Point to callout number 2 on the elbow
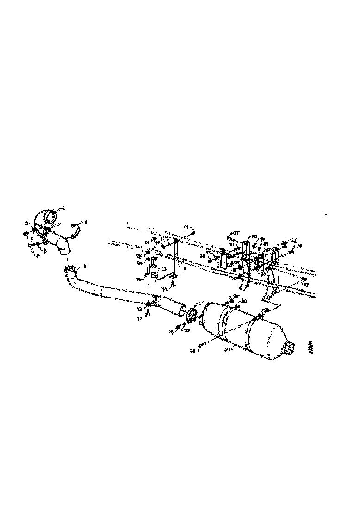click(59, 224)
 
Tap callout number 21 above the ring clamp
click(200, 304)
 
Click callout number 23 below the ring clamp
click(187, 331)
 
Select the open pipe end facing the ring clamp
click(183, 309)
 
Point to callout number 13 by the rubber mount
click(163, 268)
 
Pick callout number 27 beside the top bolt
click(236, 233)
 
